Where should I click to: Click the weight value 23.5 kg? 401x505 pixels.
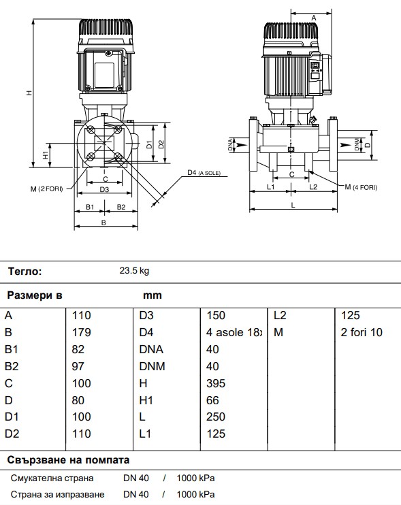[x=134, y=271]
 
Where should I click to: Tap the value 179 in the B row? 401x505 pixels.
[x=82, y=332]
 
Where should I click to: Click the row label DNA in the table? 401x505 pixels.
[x=152, y=349]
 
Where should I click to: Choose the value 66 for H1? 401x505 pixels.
[x=212, y=400]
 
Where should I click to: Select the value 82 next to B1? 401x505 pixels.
[x=79, y=349]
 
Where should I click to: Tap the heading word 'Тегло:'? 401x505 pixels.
[x=25, y=271]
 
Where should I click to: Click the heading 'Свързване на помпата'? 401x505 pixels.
[x=68, y=460]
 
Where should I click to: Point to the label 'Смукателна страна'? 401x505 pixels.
[x=52, y=478]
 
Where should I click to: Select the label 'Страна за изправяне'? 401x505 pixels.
[x=57, y=494]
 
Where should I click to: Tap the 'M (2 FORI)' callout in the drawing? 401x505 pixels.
[x=46, y=188]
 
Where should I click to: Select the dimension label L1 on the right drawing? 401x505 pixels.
[x=270, y=186]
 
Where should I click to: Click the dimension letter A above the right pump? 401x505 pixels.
[x=313, y=18]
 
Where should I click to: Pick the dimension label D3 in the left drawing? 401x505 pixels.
[x=104, y=189]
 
